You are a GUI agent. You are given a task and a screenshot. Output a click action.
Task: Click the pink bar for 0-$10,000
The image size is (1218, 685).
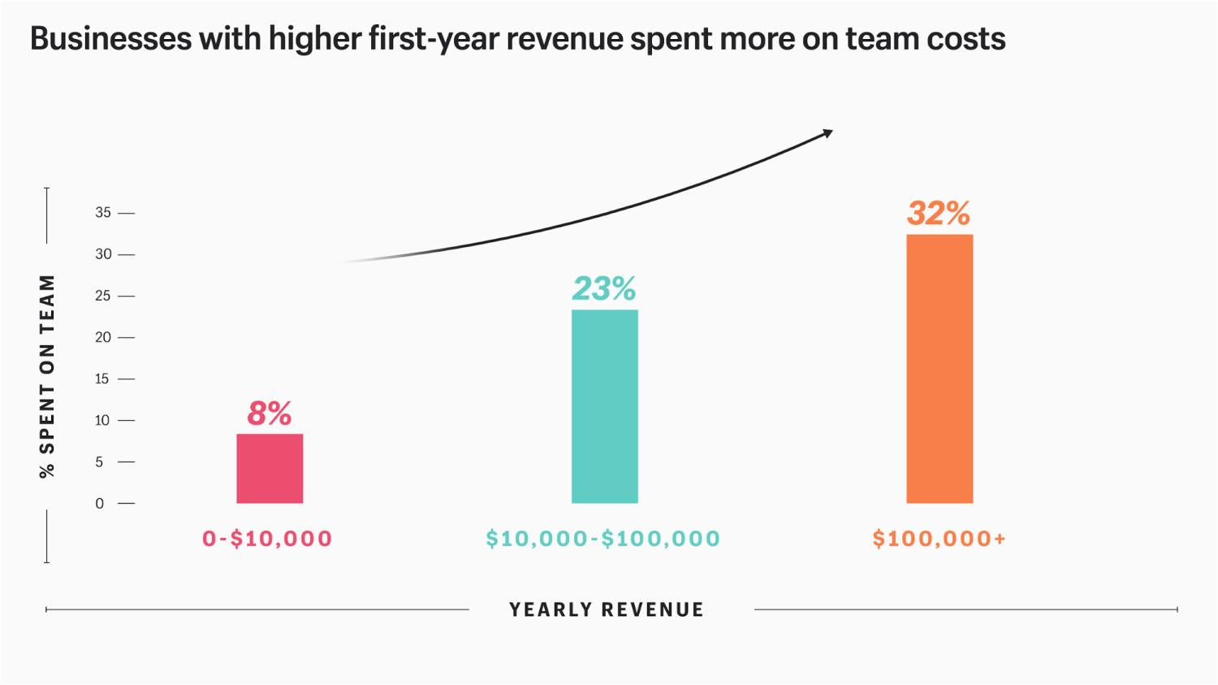coord(270,468)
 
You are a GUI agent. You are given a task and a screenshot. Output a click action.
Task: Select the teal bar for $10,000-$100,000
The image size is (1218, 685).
coord(604,406)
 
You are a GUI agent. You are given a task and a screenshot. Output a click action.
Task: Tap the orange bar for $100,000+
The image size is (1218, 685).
coord(939,369)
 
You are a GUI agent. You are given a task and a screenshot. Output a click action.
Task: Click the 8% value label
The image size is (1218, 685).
coord(269,414)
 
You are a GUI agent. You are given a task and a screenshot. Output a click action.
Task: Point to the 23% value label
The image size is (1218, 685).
coord(604,288)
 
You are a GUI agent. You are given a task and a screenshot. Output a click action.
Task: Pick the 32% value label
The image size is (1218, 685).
coord(939,214)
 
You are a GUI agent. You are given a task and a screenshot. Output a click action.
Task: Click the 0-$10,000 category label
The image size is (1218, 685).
coord(267,539)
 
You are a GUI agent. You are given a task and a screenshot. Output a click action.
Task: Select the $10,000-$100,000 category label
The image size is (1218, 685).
coord(603,539)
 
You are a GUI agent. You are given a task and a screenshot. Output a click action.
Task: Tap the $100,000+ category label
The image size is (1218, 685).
coord(939,539)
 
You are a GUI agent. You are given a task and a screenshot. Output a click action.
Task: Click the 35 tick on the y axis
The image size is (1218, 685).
coord(103,213)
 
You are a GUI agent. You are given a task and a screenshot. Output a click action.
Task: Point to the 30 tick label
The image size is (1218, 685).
coord(103,254)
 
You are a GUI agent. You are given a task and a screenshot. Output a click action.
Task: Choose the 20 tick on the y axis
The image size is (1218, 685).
coord(103,337)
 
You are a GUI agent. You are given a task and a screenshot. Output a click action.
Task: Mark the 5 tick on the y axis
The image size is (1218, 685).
coord(100,462)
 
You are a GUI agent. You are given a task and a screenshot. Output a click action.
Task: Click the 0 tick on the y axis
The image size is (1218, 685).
coord(100,504)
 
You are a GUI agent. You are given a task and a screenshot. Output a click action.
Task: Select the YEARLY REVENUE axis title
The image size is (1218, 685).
coord(607,609)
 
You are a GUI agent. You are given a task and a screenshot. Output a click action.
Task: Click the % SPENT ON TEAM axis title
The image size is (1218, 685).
coord(48,375)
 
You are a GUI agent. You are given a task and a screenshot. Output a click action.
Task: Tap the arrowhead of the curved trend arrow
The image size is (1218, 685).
coord(827,132)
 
